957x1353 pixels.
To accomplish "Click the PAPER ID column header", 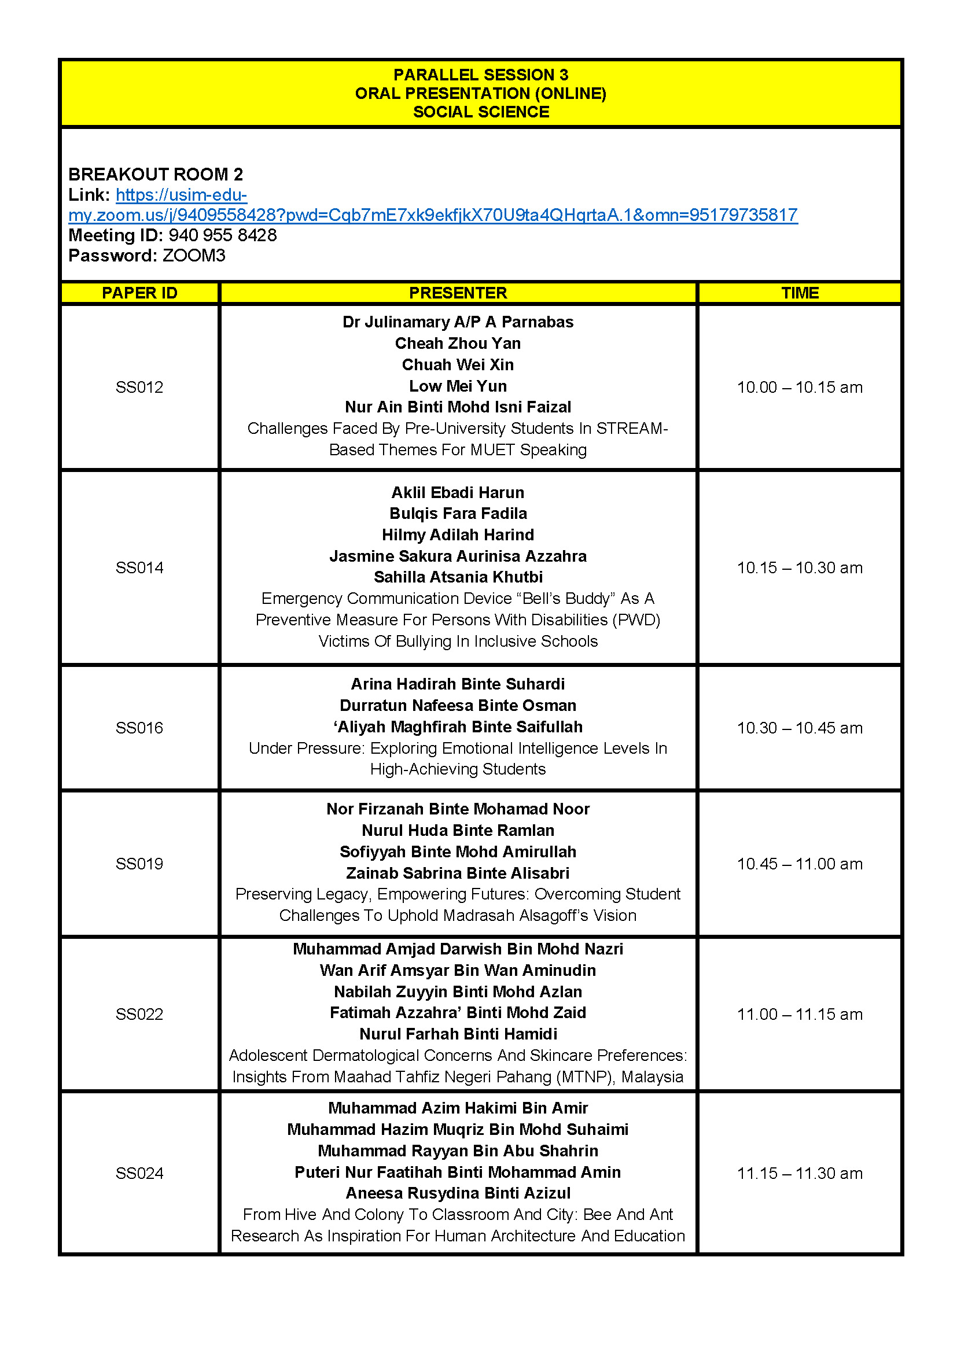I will click(139, 293).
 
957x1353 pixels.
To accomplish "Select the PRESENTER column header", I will click(458, 293).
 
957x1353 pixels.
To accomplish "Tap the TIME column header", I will click(800, 293).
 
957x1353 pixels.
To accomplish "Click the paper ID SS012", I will click(139, 387).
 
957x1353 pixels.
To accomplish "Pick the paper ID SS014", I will click(139, 567).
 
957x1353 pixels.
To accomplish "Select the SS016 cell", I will click(139, 728).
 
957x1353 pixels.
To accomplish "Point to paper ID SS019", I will click(139, 864).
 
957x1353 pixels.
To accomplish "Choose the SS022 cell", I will click(139, 1014).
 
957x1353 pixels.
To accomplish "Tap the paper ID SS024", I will click(139, 1173).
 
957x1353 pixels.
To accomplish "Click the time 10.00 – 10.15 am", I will click(800, 387).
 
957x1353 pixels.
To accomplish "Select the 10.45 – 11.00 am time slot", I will click(800, 864).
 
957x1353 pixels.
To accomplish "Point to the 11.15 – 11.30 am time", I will click(800, 1173).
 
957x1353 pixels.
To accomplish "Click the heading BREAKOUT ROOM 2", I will click(156, 175).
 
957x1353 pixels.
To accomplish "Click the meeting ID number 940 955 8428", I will click(223, 235).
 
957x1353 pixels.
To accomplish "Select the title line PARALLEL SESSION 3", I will click(481, 75).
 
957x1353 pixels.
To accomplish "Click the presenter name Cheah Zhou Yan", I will click(458, 343).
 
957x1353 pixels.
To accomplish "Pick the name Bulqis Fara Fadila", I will click(458, 513).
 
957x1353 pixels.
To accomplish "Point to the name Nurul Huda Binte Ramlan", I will click(458, 830).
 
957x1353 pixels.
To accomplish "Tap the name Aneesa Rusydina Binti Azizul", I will click(458, 1193).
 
